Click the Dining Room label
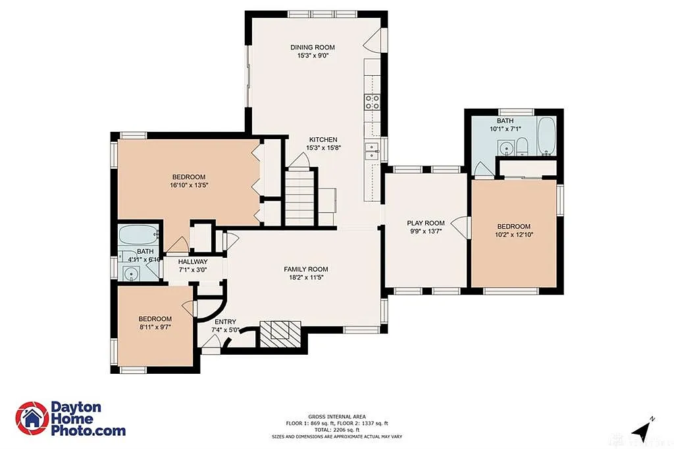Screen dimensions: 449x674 (x=313, y=47)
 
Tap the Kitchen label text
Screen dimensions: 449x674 (x=323, y=140)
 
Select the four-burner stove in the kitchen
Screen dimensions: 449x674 (x=372, y=102)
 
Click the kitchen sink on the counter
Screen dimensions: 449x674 (x=372, y=151)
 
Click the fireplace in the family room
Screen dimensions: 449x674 (x=280, y=334)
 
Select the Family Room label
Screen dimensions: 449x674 (x=305, y=269)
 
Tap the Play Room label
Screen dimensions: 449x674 (x=426, y=224)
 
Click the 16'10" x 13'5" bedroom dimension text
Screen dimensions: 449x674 (x=189, y=186)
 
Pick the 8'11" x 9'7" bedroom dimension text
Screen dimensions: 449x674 (x=155, y=327)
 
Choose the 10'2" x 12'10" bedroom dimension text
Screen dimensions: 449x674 (x=513, y=234)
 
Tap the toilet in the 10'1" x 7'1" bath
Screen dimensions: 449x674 (x=521, y=146)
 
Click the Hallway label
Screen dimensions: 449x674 (x=192, y=262)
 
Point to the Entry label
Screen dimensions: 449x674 (x=224, y=322)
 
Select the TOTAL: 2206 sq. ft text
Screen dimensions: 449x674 (x=336, y=429)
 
